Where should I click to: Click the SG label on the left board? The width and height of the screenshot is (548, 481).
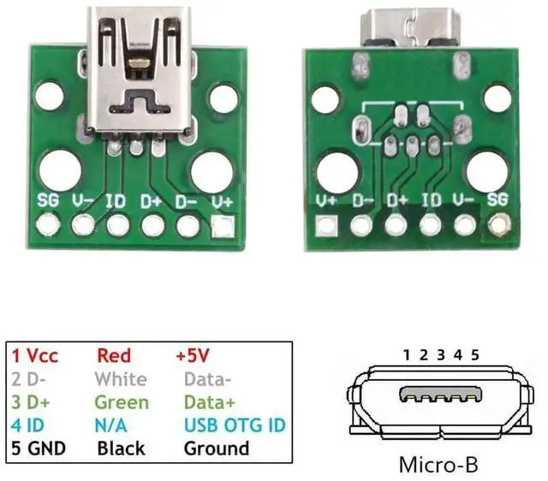pos(48,202)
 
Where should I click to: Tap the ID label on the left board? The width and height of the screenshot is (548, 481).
pos(116,202)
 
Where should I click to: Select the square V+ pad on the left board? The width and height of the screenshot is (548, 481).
pos(223,227)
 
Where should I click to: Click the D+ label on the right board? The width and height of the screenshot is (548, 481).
pos(396,202)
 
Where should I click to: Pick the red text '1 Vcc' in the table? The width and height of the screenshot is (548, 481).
pos(36,355)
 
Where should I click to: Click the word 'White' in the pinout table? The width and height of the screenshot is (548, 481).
pos(121,378)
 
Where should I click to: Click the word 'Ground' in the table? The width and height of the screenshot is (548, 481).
pos(217,448)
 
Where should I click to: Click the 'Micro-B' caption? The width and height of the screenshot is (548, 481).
pos(438,466)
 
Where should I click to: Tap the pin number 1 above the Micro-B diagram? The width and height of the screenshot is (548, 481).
pos(408,354)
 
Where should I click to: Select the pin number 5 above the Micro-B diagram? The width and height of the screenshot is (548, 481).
pos(474,354)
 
